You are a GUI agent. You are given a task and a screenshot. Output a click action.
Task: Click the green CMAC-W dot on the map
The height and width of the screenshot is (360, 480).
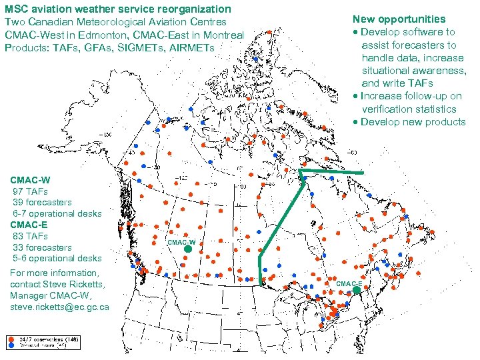click(x=188, y=249)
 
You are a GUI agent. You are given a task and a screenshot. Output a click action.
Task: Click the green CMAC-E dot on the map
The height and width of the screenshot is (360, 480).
click(x=357, y=291)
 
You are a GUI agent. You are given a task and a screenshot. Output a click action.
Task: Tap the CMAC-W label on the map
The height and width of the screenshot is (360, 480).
click(x=181, y=242)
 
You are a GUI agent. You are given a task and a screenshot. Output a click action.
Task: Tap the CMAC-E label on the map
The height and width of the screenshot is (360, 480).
click(x=349, y=284)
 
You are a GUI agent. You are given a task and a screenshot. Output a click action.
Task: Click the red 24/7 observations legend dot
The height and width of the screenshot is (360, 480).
click(x=11, y=339)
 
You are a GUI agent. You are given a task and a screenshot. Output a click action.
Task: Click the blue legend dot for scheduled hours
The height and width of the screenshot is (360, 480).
click(x=11, y=346)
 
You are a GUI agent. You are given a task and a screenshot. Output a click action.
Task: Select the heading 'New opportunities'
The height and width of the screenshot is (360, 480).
click(x=399, y=19)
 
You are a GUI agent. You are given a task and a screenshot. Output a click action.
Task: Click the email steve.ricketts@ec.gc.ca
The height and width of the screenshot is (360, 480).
click(x=59, y=307)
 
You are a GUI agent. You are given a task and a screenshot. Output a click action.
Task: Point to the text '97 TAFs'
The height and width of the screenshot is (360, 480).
click(x=31, y=191)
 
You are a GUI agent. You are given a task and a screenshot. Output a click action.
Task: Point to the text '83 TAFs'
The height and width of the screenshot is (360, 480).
click(x=31, y=236)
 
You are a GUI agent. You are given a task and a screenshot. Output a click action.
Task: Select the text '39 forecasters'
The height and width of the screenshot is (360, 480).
click(x=43, y=202)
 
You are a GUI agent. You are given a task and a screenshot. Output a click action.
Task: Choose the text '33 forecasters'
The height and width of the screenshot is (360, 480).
click(x=43, y=247)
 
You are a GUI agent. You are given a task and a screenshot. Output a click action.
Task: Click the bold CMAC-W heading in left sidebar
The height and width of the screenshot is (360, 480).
click(x=30, y=180)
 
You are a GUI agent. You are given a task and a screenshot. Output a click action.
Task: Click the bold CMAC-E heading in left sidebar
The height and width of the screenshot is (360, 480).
click(x=29, y=225)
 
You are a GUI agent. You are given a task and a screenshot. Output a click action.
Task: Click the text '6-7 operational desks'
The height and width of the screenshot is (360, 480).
click(x=57, y=213)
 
